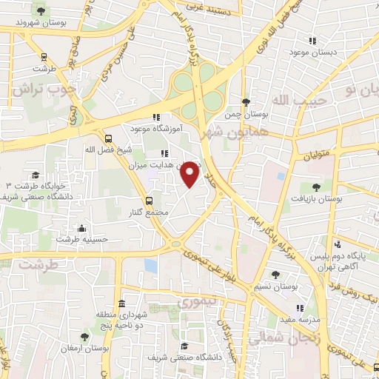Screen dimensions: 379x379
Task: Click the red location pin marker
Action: (x=190, y=173)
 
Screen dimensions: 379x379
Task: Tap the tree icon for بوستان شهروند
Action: (x=40, y=11)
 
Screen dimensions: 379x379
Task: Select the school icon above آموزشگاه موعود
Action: (x=155, y=117)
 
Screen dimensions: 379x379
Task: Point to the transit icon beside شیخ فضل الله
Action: (x=108, y=138)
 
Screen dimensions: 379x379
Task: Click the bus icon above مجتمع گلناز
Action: (x=150, y=200)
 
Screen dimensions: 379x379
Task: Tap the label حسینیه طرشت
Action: (x=83, y=239)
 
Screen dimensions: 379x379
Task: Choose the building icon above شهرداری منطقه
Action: (x=121, y=304)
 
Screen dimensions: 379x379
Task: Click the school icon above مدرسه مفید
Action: (x=300, y=308)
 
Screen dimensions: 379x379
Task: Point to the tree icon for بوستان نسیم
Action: (x=275, y=274)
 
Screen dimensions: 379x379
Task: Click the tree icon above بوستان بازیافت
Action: (x=317, y=187)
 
